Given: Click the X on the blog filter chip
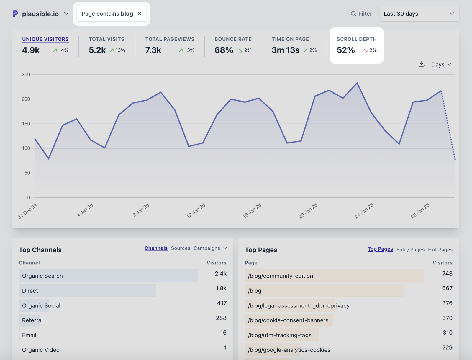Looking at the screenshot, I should click(140, 14).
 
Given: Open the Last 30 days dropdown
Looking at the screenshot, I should click(419, 14).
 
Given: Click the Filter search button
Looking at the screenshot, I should click(361, 14).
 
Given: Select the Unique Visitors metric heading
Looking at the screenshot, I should click(45, 39).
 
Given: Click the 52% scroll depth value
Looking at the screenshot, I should click(346, 50).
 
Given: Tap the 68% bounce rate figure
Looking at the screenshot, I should click(224, 50).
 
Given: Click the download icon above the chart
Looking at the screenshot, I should click(422, 64).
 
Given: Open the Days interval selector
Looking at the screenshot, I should click(441, 64).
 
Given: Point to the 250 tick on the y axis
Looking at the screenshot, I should click(26, 74).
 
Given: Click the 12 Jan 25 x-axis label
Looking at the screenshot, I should click(196, 211).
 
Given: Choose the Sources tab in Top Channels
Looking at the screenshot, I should click(181, 248).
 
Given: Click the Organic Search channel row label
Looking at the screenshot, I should click(42, 276).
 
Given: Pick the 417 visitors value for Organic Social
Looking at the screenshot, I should click(222, 303).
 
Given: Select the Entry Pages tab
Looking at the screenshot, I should click(410, 250).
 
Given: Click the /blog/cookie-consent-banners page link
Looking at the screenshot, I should click(288, 320).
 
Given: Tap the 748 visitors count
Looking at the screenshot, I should click(447, 274).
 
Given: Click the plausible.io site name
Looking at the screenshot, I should click(40, 14).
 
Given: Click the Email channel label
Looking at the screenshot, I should click(29, 335).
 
